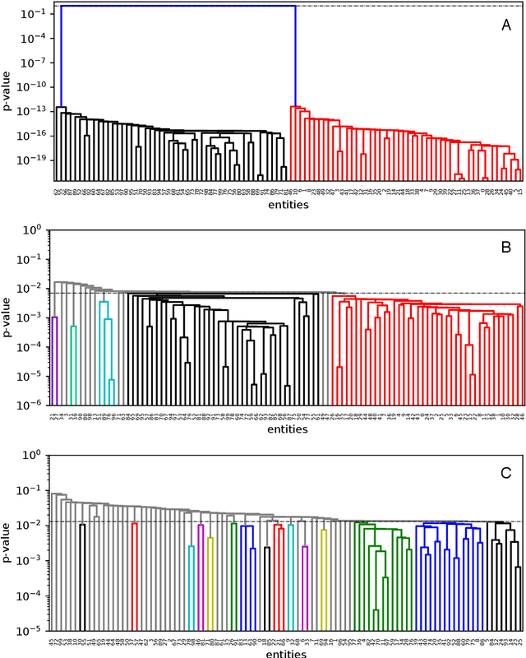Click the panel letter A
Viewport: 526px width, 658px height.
(x=506, y=26)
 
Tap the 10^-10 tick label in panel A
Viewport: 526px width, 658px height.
(x=31, y=86)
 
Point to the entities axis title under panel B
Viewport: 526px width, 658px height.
(x=284, y=429)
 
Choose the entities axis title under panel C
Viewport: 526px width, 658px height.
(x=284, y=653)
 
